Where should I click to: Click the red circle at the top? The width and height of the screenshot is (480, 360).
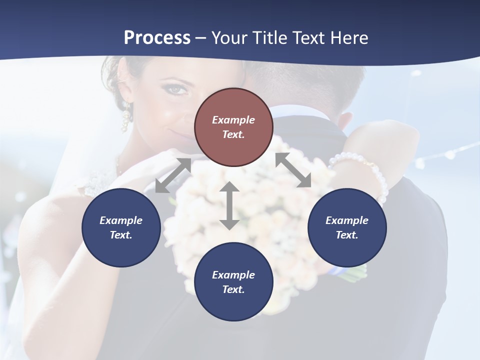coord(233,127)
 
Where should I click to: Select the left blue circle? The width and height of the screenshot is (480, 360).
coord(121,227)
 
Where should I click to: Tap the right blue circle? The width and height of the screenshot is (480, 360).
coord(347,227)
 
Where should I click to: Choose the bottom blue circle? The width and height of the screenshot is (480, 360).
coord(233,282)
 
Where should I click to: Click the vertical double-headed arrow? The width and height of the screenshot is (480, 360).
coord(229,205)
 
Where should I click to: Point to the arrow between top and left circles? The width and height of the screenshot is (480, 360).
coord(173,175)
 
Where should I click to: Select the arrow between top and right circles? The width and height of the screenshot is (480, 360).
coord(293,170)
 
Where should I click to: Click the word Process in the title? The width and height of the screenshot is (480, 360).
coord(157,37)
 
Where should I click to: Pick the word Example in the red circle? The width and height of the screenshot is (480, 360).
coord(233,120)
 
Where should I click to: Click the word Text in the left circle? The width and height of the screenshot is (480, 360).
coord(120,235)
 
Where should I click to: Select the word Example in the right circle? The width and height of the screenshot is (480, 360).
coord(347,220)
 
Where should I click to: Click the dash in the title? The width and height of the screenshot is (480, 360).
coord(200,38)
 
